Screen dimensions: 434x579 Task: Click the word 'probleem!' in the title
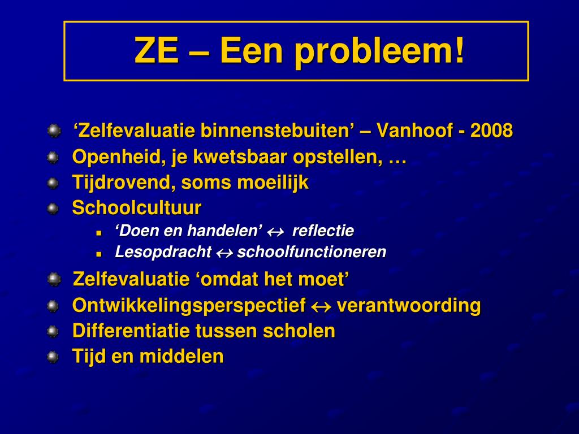[379, 51]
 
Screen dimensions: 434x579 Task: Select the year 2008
[491, 131]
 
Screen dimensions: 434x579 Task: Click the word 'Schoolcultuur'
[136, 208]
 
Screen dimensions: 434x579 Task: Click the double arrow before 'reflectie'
[275, 232]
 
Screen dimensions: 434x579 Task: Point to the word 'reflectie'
[323, 231]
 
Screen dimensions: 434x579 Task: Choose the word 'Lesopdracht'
[163, 252]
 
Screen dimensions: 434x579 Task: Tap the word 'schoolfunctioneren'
[312, 252]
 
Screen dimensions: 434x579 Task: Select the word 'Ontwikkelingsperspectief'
[189, 306]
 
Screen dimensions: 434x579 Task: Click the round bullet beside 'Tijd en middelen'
[53, 357]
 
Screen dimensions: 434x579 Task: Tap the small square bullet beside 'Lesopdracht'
[98, 254]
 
